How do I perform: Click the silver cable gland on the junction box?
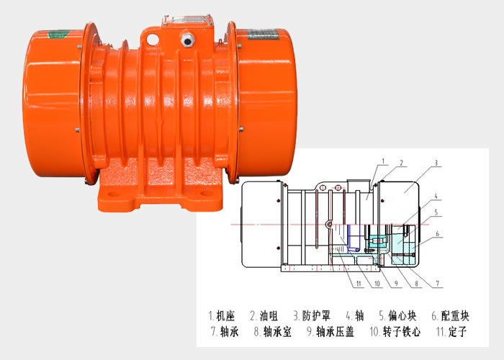(x=188, y=39)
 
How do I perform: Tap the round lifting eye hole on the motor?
(x=153, y=39)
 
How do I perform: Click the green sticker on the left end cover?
(x=58, y=34)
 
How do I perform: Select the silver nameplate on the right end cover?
(x=263, y=35)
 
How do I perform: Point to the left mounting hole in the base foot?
(x=113, y=194)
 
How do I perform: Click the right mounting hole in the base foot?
(x=206, y=194)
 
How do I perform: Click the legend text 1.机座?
(x=222, y=315)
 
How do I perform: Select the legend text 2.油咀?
(x=264, y=315)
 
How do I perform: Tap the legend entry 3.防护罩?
(x=312, y=315)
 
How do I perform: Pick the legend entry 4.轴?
(x=354, y=315)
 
